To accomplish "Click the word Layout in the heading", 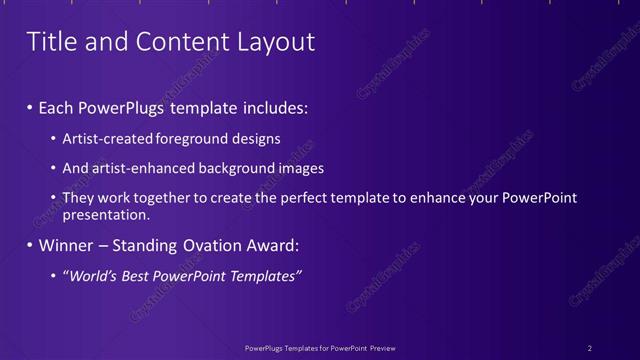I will (x=272, y=42).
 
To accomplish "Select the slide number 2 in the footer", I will (x=590, y=348).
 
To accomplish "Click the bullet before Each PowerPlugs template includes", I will (x=30, y=105).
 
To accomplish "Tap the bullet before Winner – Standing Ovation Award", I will (x=30, y=245).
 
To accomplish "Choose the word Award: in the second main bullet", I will (x=270, y=245).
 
